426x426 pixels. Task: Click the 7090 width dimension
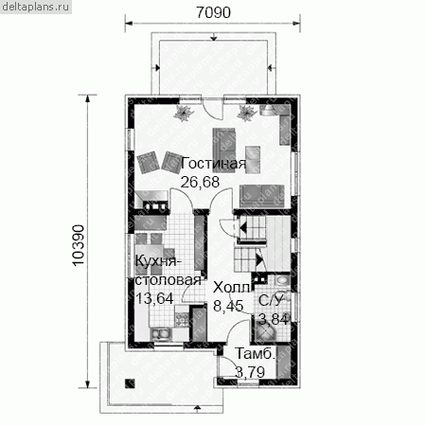click(213, 12)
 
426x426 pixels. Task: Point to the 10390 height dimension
click(79, 245)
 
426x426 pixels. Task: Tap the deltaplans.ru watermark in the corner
click(35, 7)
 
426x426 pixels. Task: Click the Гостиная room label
click(213, 164)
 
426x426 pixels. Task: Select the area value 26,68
click(200, 182)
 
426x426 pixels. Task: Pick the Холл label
click(231, 288)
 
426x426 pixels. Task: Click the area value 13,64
click(154, 298)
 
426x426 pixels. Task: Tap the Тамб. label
click(255, 354)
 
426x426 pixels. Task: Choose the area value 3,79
click(250, 372)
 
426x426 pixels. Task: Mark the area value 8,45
click(228, 306)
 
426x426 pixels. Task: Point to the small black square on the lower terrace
click(130, 383)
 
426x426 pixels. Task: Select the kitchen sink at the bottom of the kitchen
click(161, 334)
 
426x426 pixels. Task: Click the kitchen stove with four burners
click(182, 319)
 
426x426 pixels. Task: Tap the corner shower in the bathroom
click(266, 330)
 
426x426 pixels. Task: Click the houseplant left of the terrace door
click(183, 113)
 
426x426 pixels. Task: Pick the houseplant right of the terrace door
click(246, 113)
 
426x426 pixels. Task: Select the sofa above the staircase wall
click(261, 196)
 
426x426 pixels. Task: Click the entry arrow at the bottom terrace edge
click(197, 410)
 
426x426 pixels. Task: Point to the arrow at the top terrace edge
click(214, 37)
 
